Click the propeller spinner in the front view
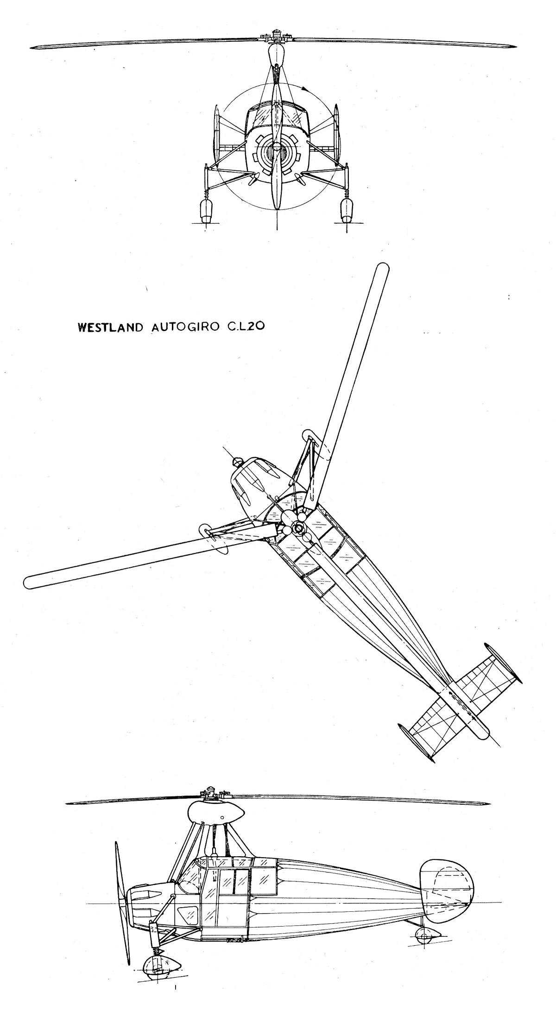pos(277,147)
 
